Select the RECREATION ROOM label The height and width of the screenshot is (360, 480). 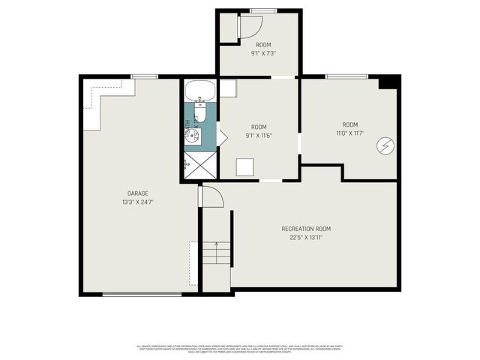[306, 229]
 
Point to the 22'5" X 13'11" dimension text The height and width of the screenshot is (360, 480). [306, 238]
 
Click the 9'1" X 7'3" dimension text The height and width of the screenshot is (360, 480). [259, 53]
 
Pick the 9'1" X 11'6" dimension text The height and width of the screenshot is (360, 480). [259, 136]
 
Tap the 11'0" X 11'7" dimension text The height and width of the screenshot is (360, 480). [349, 133]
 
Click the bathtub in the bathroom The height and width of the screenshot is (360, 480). [200, 92]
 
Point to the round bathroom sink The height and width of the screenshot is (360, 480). [193, 136]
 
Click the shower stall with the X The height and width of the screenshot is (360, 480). [199, 165]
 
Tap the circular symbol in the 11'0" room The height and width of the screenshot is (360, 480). [386, 145]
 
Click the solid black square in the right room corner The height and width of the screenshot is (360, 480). [388, 82]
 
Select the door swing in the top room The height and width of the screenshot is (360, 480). [248, 27]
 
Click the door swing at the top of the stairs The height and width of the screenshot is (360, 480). [212, 197]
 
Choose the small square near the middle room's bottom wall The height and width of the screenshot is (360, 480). [244, 166]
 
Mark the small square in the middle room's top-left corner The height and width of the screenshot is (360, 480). [228, 88]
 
